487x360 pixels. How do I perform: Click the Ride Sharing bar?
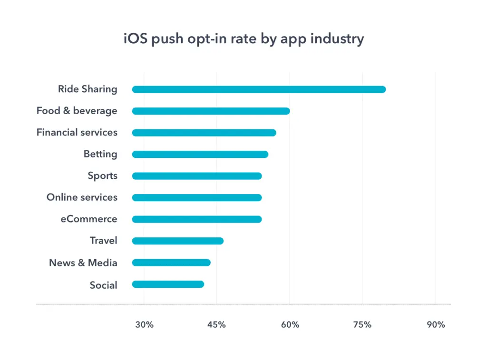click(259, 89)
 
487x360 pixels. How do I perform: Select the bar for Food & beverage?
click(211, 111)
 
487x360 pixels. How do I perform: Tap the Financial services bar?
click(204, 133)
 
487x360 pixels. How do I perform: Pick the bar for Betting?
click(200, 155)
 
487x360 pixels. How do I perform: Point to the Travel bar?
click(177, 241)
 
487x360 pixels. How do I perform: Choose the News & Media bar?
click(171, 263)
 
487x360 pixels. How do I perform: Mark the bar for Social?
click(168, 284)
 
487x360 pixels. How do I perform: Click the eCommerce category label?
click(88, 219)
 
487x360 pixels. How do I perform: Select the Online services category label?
click(82, 197)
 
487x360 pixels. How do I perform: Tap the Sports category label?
click(102, 176)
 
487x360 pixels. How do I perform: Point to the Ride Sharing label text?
click(88, 89)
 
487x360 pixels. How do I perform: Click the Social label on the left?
click(103, 285)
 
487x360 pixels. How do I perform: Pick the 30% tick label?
click(144, 325)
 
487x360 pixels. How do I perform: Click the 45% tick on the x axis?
click(217, 325)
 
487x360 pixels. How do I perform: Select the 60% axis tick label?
click(290, 325)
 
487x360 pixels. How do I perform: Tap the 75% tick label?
click(362, 325)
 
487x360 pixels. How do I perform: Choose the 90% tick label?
click(435, 325)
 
